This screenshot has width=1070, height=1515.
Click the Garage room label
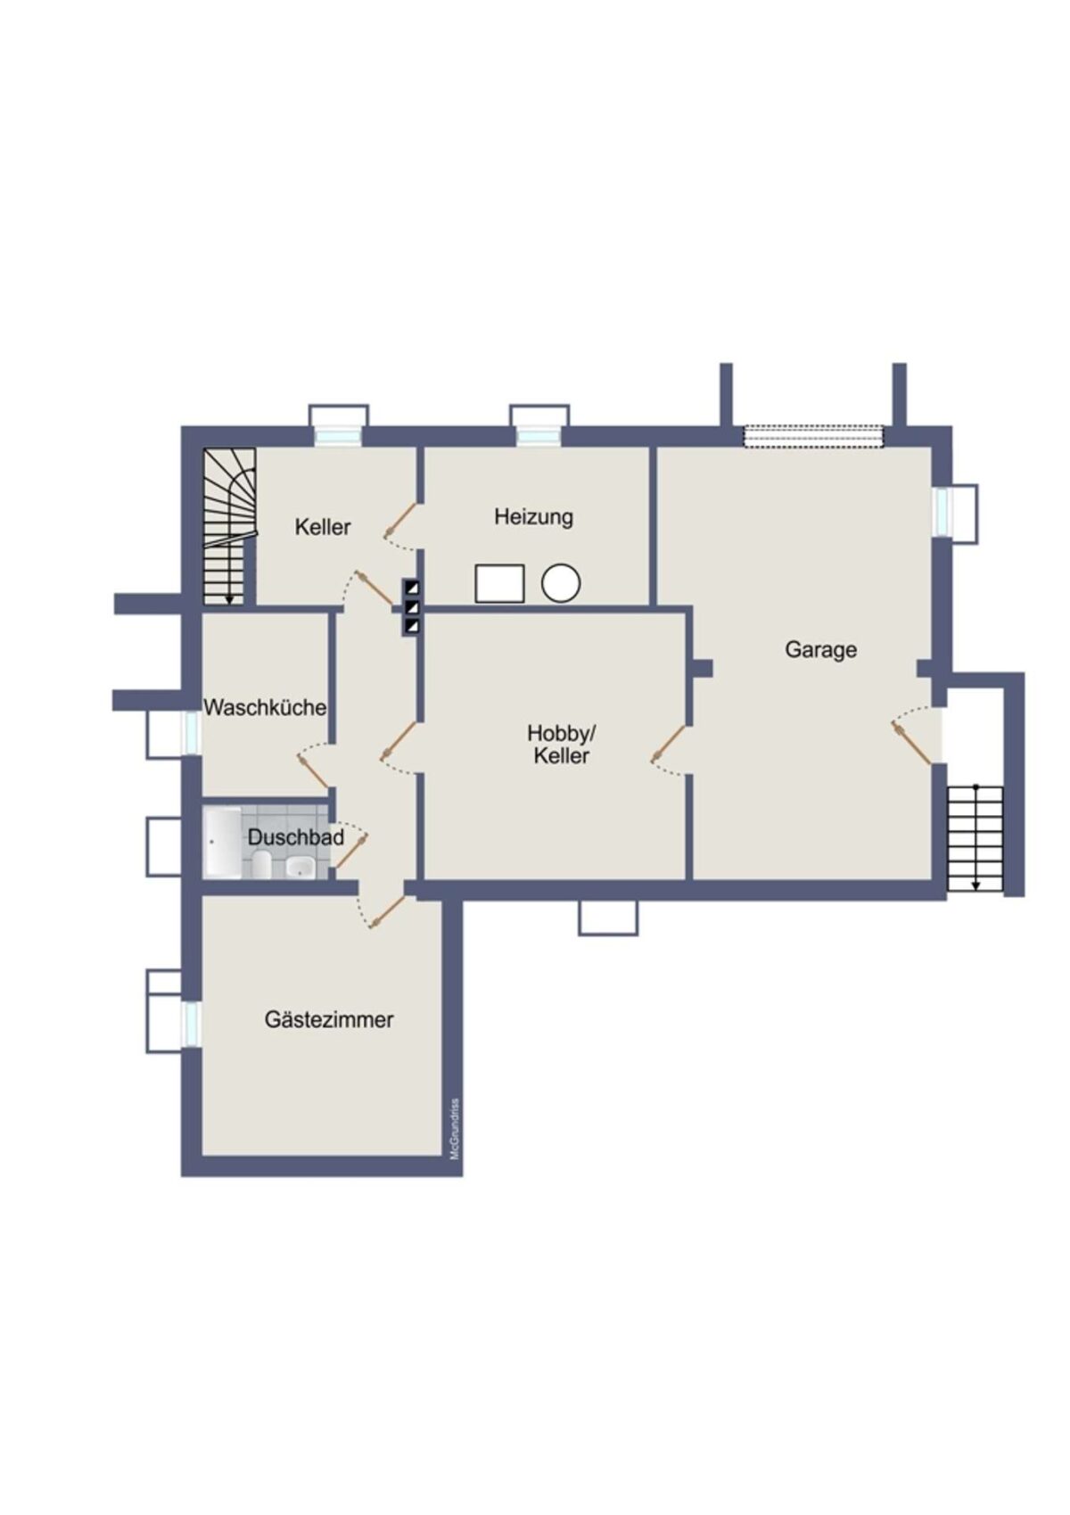[x=820, y=650]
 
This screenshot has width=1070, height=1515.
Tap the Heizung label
[x=533, y=517]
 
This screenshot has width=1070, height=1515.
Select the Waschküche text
[x=265, y=708]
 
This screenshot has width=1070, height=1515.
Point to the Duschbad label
[x=295, y=837]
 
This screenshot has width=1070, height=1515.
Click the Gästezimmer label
[x=329, y=1019]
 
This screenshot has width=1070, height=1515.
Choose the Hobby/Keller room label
[x=562, y=744]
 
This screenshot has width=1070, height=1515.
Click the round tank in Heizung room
[x=561, y=583]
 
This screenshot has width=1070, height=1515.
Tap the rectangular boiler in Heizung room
[x=499, y=584]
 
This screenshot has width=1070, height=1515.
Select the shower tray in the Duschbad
[x=223, y=843]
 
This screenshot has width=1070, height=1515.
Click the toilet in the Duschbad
[x=262, y=864]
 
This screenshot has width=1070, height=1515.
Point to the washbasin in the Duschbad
[x=299, y=867]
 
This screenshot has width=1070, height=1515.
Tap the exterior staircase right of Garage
[x=975, y=839]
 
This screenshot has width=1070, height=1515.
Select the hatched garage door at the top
[x=814, y=436]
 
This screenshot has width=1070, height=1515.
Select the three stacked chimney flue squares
[x=411, y=606]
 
